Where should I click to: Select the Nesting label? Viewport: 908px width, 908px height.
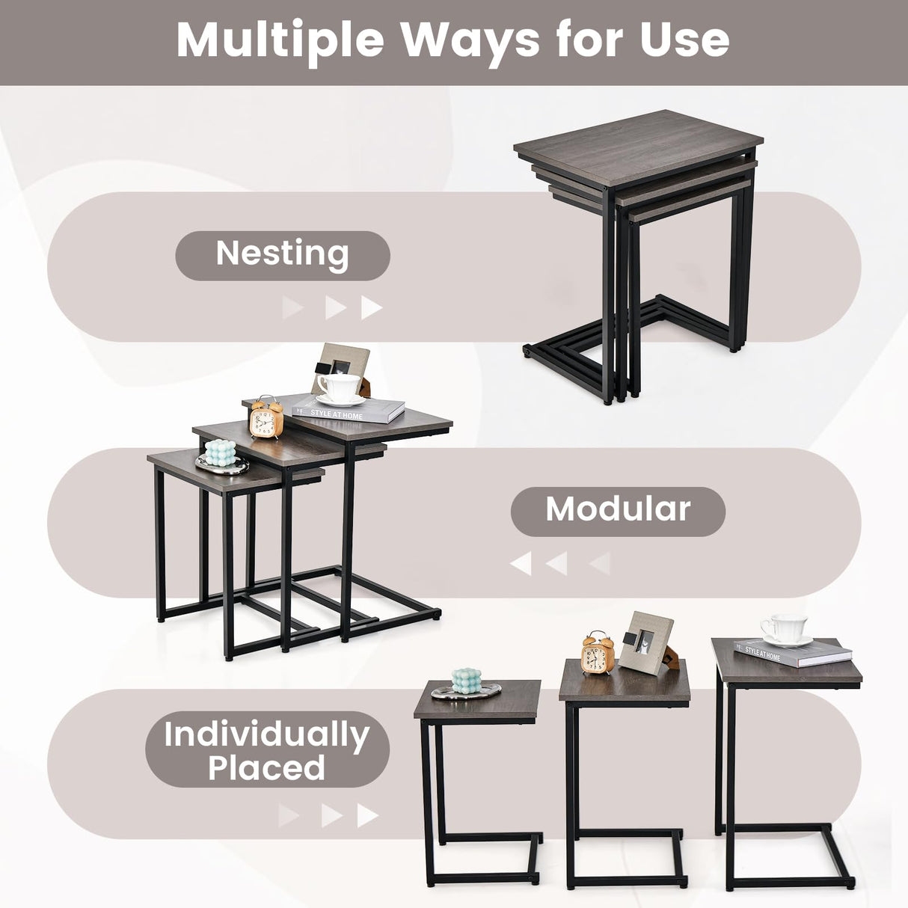pos(282,254)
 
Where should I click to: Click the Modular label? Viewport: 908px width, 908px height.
pos(618,510)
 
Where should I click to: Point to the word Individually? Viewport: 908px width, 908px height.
pos(266,734)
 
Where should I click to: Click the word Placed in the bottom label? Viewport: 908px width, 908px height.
pos(266,769)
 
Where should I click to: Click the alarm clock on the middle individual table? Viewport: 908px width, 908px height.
pos(596,654)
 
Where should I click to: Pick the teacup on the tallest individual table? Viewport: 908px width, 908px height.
pos(784,629)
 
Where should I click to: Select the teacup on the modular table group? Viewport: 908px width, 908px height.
pos(338,388)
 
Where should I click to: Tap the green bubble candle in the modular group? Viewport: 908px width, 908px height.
pos(220,453)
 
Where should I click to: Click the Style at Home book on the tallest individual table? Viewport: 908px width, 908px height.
pos(793,653)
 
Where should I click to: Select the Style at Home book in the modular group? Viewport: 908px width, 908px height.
pos(349,410)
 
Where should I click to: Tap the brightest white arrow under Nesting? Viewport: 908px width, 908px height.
pos(372,307)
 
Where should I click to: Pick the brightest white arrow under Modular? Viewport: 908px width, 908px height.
pos(521,563)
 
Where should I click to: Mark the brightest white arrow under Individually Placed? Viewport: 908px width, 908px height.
pos(367,815)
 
